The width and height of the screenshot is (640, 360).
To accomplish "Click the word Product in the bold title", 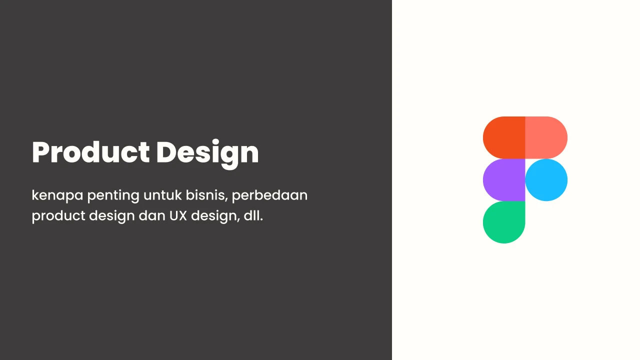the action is pyautogui.click(x=90, y=152).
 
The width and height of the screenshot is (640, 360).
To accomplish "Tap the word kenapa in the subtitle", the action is pyautogui.click(x=57, y=195).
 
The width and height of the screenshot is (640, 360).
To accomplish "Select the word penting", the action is pyautogui.click(x=113, y=196).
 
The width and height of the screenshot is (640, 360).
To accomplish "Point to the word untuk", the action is pyautogui.click(x=162, y=195).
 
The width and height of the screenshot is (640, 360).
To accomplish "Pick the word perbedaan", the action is pyautogui.click(x=269, y=195).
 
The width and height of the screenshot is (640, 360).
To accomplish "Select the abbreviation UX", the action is pyautogui.click(x=178, y=216).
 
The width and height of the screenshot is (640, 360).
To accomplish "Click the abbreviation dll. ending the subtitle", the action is pyautogui.click(x=253, y=215).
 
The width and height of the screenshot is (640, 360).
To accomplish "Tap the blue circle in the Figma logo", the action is pyautogui.click(x=546, y=180).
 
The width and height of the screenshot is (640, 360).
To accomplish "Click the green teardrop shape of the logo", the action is pyautogui.click(x=504, y=222).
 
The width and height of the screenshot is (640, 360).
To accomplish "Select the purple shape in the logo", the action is pyautogui.click(x=504, y=180).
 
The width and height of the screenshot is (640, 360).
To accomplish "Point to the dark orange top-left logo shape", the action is pyautogui.click(x=504, y=137).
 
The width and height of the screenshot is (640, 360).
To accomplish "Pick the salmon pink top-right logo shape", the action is pyautogui.click(x=546, y=137).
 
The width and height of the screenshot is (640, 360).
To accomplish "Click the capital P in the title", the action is pyautogui.click(x=41, y=152).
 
